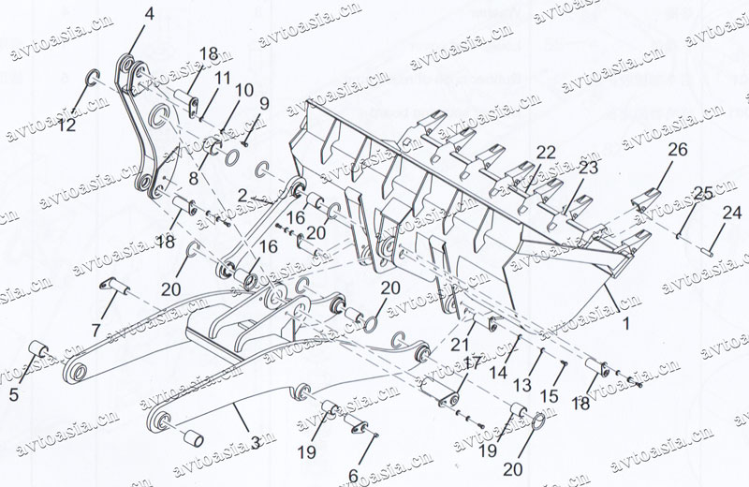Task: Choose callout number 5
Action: [14, 394]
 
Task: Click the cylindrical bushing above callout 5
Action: [38, 350]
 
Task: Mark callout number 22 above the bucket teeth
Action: [546, 153]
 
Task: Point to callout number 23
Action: [587, 169]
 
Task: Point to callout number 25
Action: [701, 193]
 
